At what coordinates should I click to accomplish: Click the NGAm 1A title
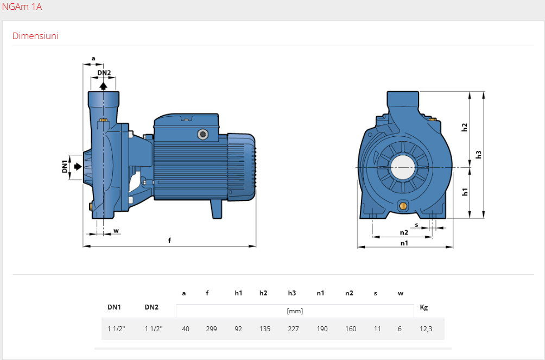coord(22,7)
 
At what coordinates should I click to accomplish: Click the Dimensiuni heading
coord(35,36)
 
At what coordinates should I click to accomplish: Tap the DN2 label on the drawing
coord(104,73)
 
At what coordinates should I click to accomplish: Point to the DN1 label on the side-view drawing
coord(65,166)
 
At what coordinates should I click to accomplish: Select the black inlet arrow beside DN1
coord(78,166)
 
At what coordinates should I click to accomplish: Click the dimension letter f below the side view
coord(169,240)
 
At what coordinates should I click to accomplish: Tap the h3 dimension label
coord(478,154)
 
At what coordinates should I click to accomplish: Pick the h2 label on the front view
coord(464,127)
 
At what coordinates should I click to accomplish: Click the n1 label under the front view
coord(404,243)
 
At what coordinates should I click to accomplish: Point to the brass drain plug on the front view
coord(403,206)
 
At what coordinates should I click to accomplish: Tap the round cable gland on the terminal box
coord(202,134)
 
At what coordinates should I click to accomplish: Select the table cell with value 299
coord(211,329)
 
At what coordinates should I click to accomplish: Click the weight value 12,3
coord(426,329)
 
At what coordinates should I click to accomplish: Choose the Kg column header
coord(424,307)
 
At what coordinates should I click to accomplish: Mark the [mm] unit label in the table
coord(295,311)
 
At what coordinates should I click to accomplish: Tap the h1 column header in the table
coord(238,293)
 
